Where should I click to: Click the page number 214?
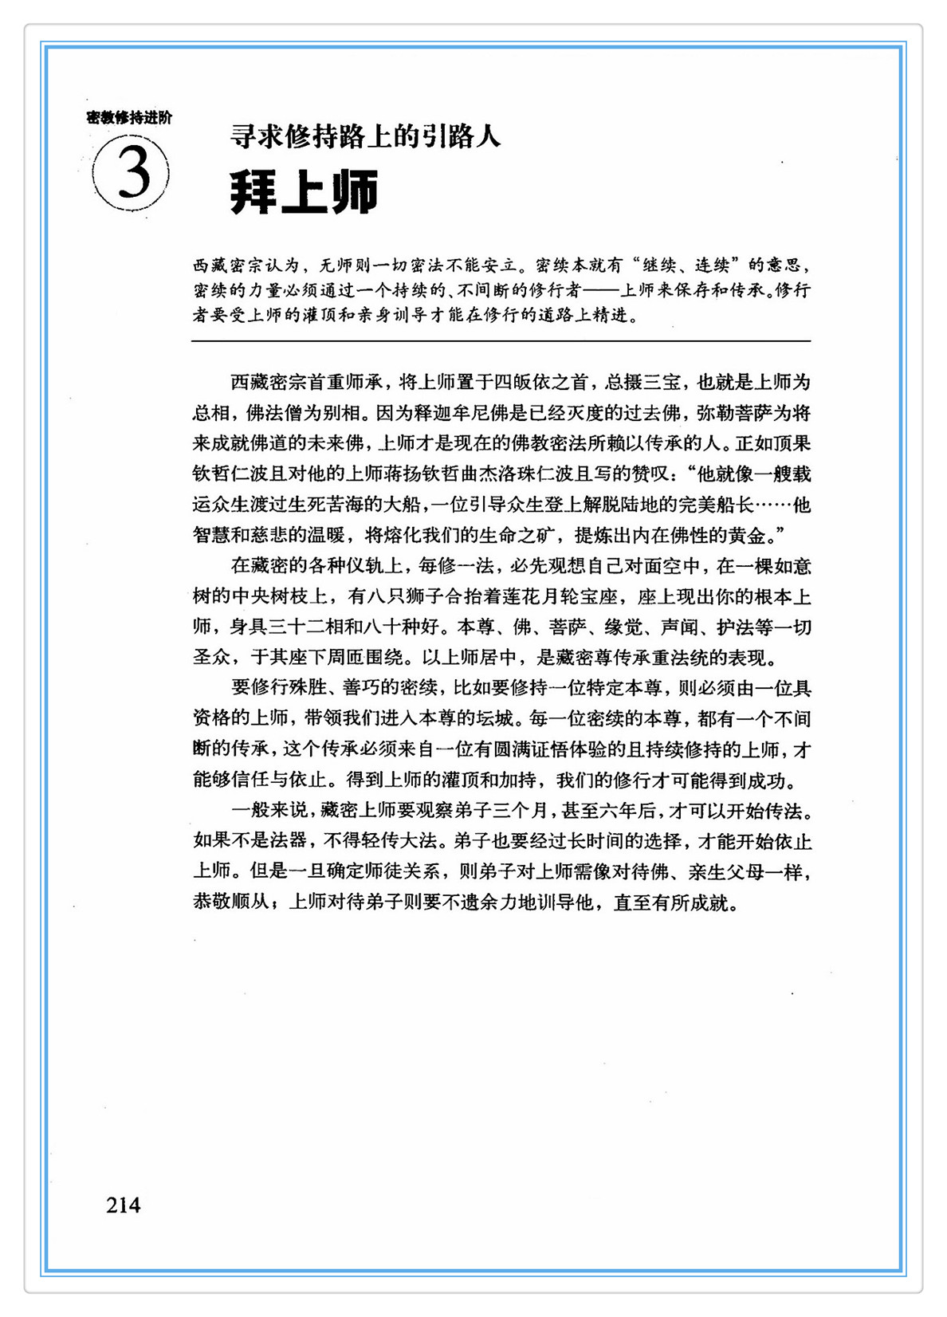click(x=123, y=1205)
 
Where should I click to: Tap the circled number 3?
click(x=132, y=173)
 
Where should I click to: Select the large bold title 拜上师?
click(x=304, y=191)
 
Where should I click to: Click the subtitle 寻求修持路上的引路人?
click(x=365, y=137)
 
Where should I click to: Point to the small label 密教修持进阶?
click(x=128, y=118)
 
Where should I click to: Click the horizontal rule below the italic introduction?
click(x=501, y=341)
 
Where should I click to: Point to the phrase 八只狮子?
click(x=404, y=596)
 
